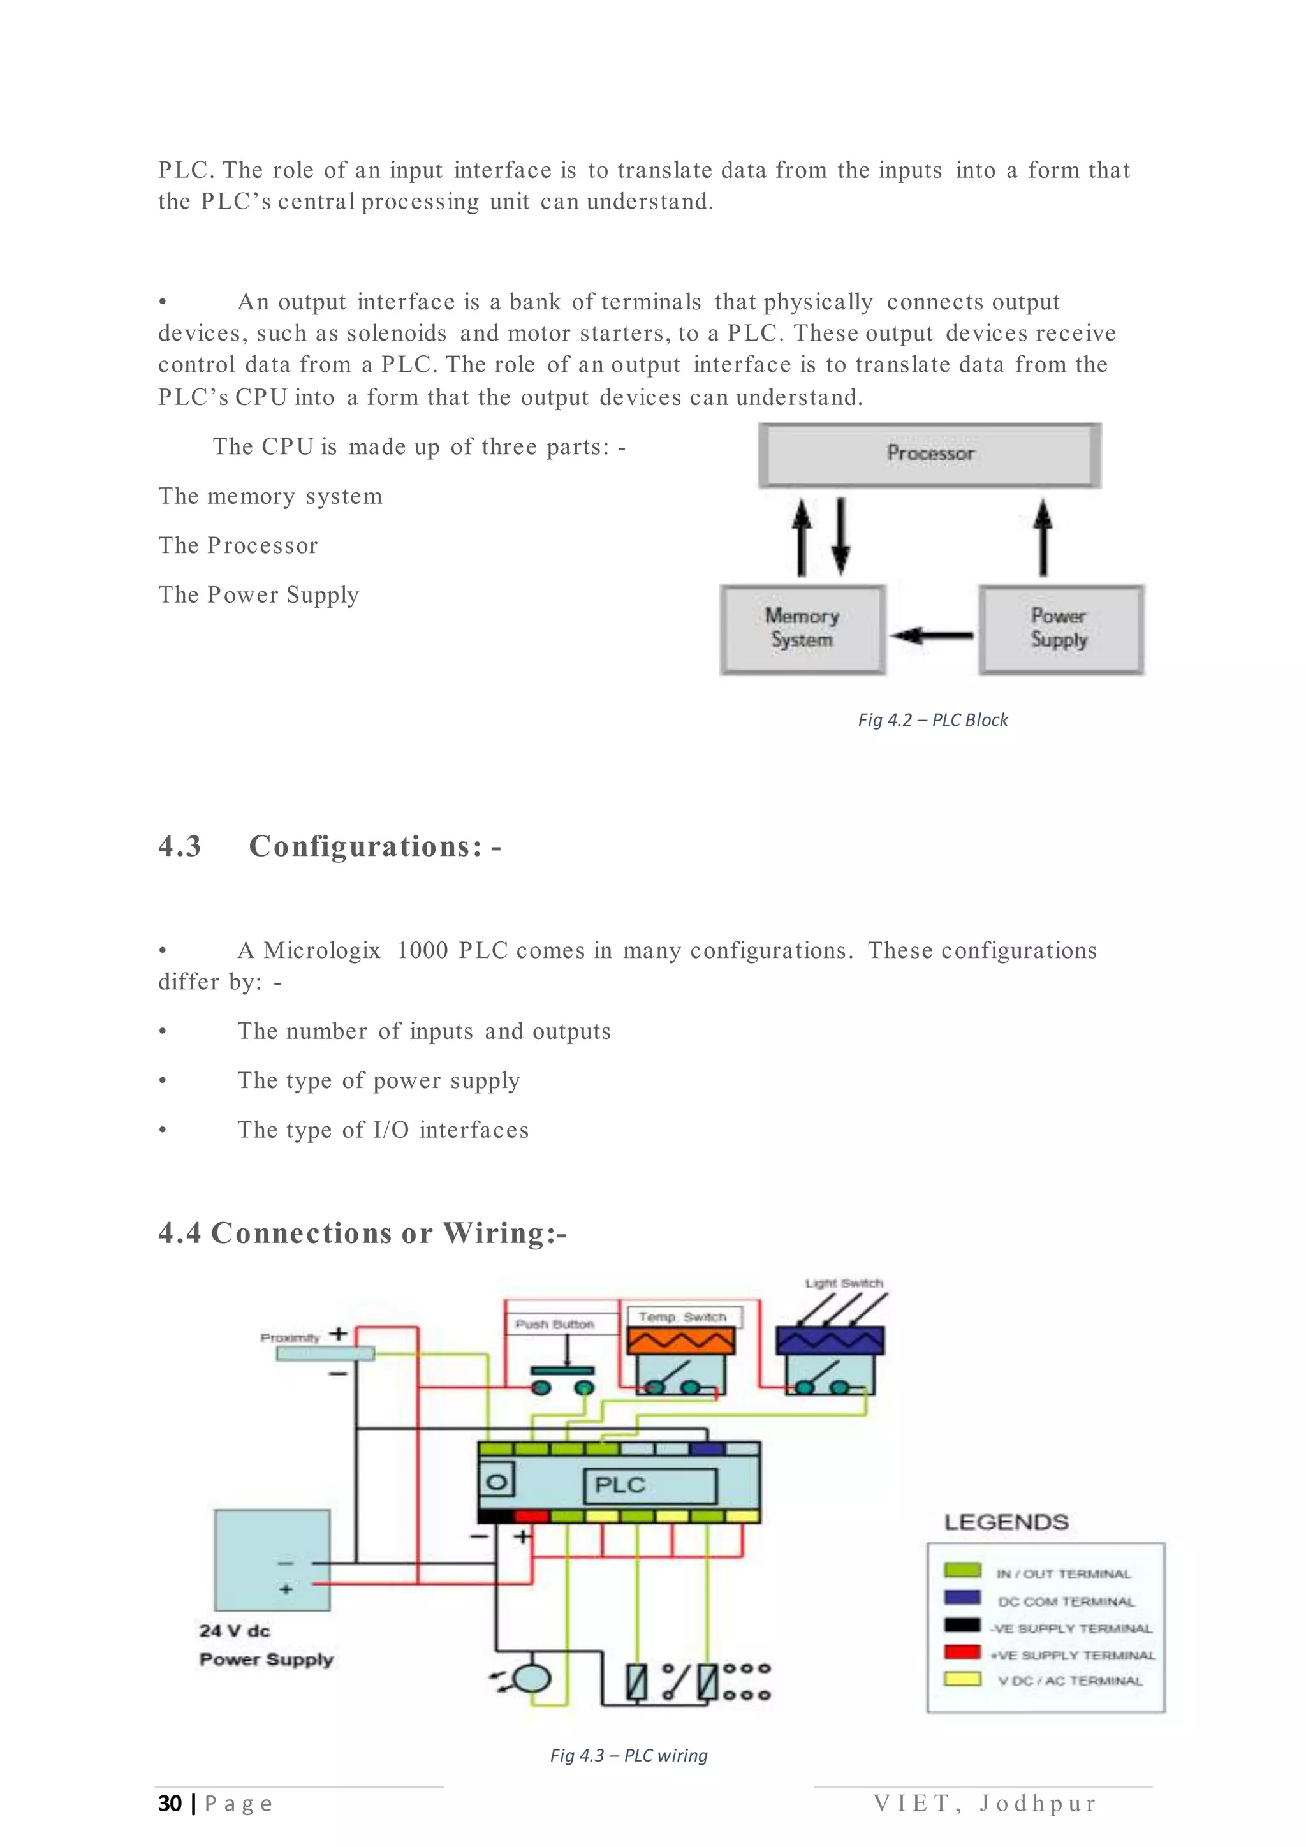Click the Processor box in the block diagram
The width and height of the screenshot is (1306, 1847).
pyautogui.click(x=930, y=455)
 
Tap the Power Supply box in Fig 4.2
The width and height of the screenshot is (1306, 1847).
pyautogui.click(x=1060, y=629)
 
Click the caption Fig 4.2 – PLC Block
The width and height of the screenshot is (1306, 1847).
pyautogui.click(x=932, y=720)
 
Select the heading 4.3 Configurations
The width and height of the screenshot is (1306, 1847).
pyautogui.click(x=330, y=846)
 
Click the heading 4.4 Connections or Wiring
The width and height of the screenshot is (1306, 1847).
pyautogui.click(x=362, y=1233)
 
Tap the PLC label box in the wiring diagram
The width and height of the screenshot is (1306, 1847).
pyautogui.click(x=650, y=1485)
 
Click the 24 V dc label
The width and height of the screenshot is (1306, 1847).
pyautogui.click(x=235, y=1631)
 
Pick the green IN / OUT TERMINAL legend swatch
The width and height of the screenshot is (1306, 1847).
pyautogui.click(x=962, y=1570)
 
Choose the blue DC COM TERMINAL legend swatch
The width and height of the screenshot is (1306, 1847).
pyautogui.click(x=962, y=1598)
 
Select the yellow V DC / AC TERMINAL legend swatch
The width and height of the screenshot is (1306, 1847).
pyautogui.click(x=962, y=1679)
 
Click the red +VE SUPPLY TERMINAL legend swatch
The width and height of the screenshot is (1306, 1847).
pyautogui.click(x=962, y=1652)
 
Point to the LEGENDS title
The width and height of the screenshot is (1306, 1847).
pyautogui.click(x=1006, y=1522)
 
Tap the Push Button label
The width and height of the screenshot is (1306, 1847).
pyautogui.click(x=555, y=1324)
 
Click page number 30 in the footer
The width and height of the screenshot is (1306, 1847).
pyautogui.click(x=170, y=1804)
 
